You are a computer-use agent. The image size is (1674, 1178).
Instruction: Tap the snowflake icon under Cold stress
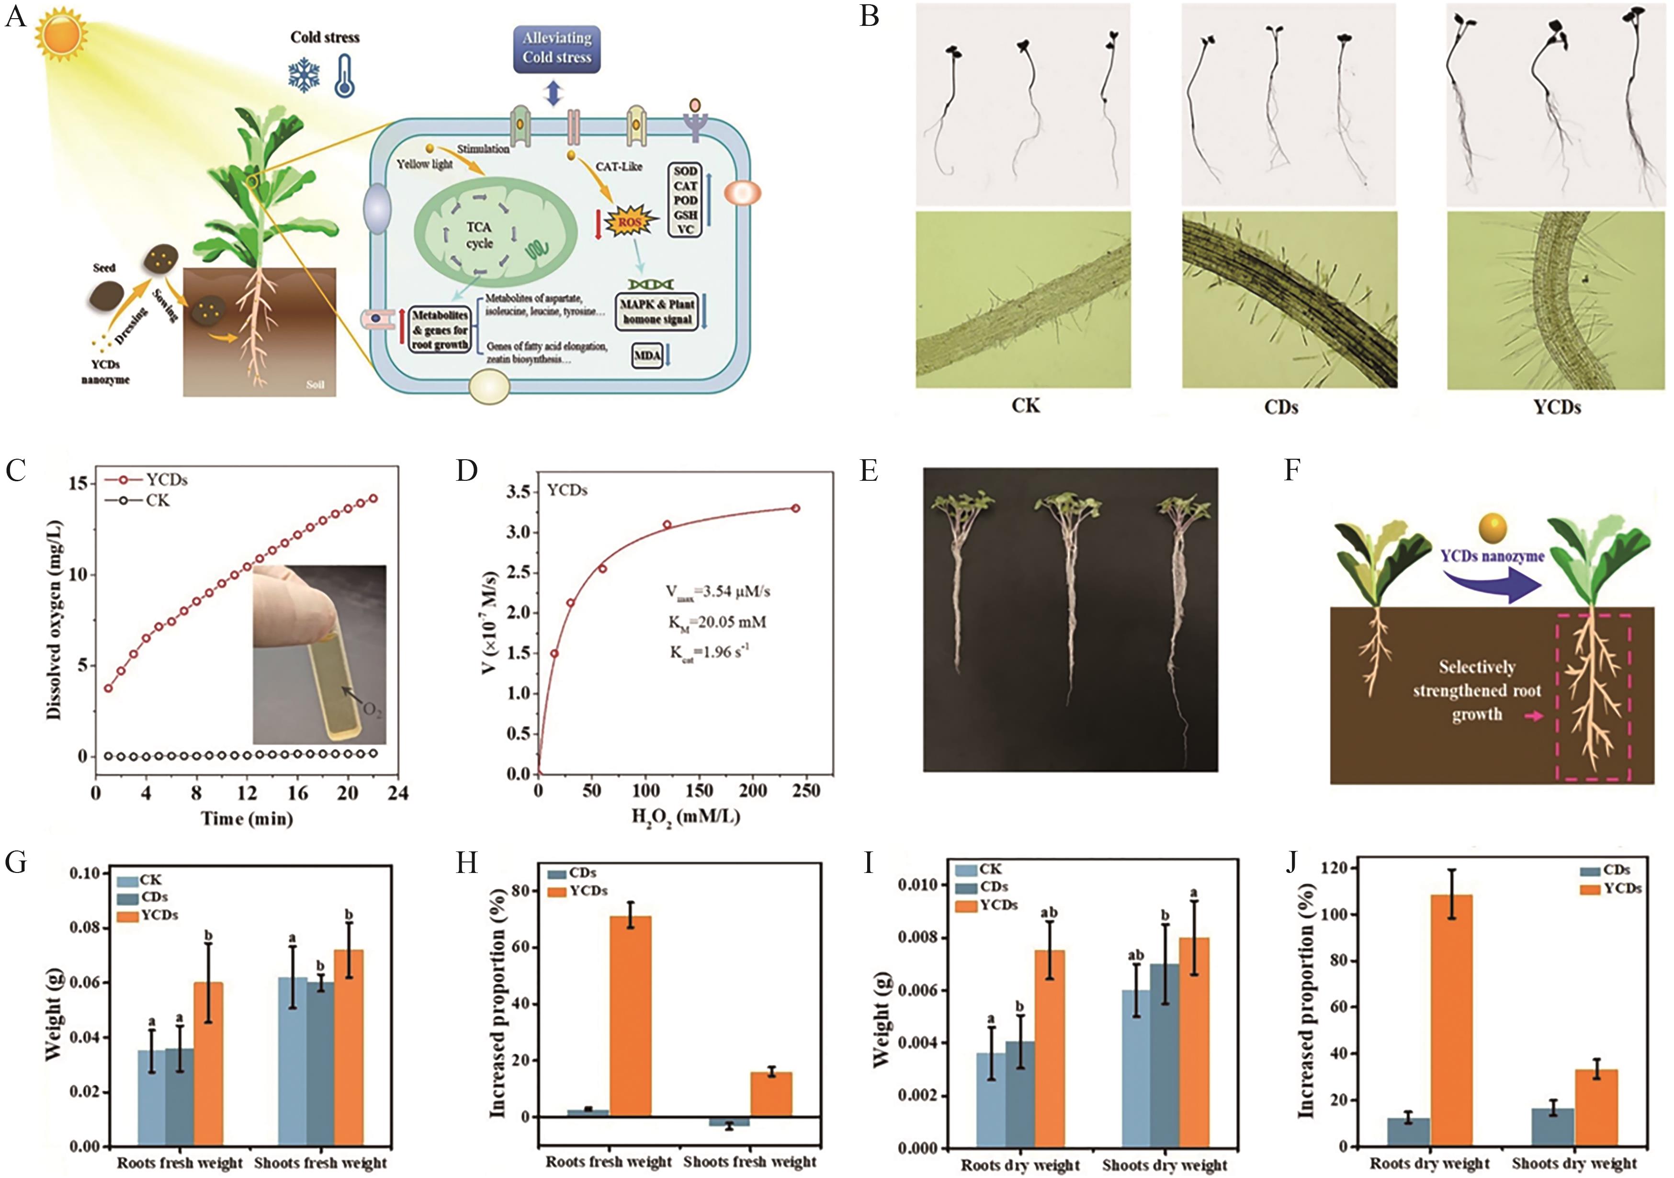click(303, 75)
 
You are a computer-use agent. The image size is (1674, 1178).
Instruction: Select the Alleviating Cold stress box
click(556, 48)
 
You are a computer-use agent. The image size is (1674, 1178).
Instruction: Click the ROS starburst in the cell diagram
click(631, 222)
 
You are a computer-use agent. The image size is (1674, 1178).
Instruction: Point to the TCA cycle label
click(479, 235)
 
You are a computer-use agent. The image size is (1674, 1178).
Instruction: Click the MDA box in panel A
click(647, 356)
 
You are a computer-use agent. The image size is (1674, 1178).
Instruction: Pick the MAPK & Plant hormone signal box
click(657, 312)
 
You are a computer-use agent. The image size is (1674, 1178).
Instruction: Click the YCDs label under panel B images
click(1557, 408)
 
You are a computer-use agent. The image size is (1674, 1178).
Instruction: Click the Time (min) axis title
click(247, 819)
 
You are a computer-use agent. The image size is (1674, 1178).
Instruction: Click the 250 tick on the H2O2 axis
click(806, 791)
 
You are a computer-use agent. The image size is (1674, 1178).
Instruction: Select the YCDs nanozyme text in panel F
click(1492, 556)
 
